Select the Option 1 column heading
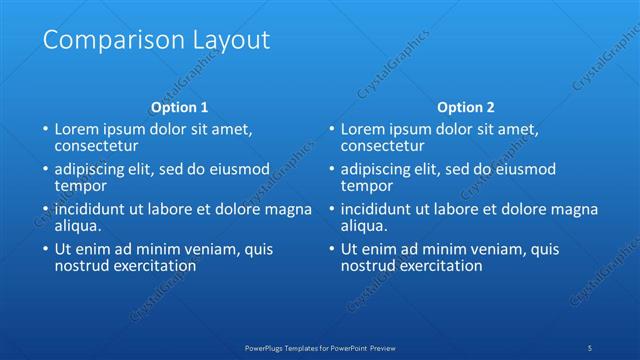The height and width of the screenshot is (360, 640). (180, 107)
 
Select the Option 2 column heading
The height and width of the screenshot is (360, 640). (466, 107)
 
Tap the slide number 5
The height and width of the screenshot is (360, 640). (590, 347)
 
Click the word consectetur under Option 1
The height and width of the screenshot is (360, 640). (95, 146)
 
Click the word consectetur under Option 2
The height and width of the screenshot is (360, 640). (381, 146)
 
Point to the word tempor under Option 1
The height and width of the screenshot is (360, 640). (79, 186)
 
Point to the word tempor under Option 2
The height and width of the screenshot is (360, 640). (365, 186)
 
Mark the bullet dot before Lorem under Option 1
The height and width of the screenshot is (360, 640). (44, 130)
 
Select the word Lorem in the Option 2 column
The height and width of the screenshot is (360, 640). (362, 130)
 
